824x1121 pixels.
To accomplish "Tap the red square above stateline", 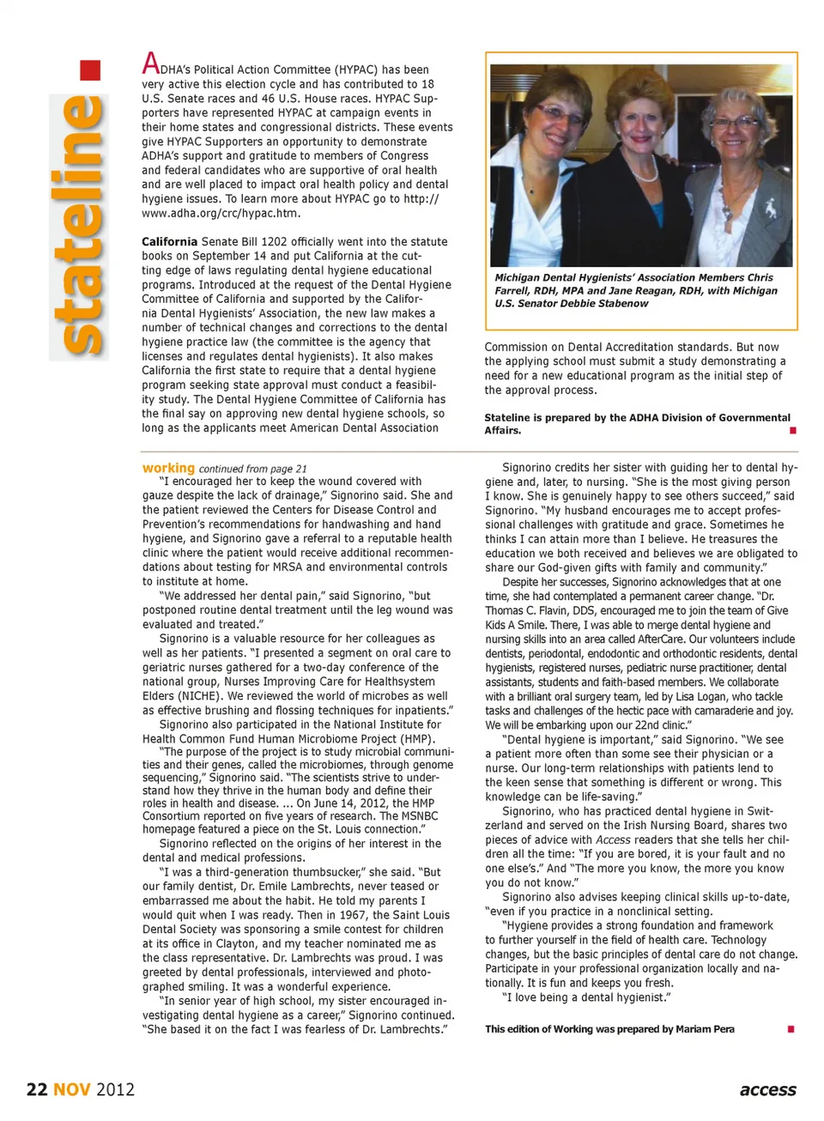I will (90, 70).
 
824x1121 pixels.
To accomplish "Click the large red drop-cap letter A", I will (150, 64).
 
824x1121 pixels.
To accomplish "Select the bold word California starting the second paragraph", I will (169, 242).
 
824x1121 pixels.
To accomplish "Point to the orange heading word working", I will (168, 468).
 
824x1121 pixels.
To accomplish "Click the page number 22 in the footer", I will (37, 1089).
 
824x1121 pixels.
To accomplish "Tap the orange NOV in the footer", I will (72, 1089).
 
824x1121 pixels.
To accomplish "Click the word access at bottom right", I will (767, 1089).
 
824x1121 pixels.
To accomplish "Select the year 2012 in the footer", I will (115, 1089).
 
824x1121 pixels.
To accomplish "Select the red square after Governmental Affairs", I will (792, 430).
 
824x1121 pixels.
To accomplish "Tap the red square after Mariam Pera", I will (791, 1029).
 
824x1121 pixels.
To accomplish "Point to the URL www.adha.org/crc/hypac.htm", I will (221, 213).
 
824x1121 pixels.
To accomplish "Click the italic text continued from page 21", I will (252, 469).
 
